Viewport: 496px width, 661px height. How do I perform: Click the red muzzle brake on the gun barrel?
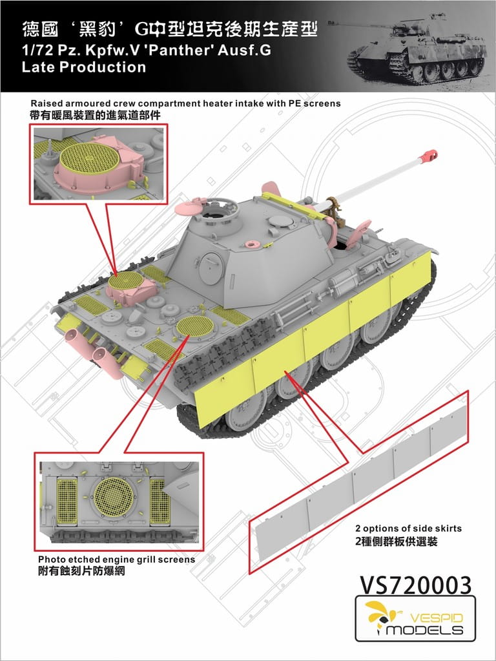point(430,155)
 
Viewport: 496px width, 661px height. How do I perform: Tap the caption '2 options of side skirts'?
point(408,528)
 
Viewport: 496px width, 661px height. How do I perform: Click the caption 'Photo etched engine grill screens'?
point(116,559)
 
